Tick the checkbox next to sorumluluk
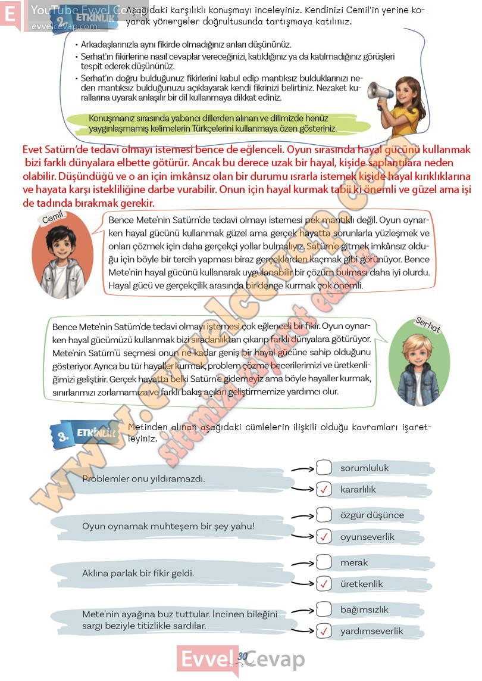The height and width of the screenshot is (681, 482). [x=324, y=468]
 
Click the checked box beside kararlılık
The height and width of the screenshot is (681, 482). [x=324, y=490]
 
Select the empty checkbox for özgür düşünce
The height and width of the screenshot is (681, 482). [x=324, y=515]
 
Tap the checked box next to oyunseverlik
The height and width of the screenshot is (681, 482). [x=324, y=537]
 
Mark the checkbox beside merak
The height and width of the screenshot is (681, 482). [x=324, y=562]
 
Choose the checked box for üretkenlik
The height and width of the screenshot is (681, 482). [x=324, y=584]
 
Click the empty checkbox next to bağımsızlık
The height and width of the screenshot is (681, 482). [x=324, y=609]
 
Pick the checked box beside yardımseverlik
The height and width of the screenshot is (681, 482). [x=324, y=631]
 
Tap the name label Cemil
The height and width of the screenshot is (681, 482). [x=53, y=219]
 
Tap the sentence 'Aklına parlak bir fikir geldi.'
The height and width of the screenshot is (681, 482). [x=139, y=573]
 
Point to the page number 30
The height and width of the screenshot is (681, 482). [x=242, y=656]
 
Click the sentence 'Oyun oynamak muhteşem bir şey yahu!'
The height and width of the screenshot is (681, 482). [x=168, y=526]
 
